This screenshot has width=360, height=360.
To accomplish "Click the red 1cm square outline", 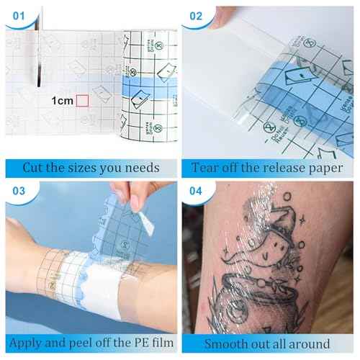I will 83,101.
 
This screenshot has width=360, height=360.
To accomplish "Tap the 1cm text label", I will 62,101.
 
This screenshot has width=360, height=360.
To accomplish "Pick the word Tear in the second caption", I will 207,168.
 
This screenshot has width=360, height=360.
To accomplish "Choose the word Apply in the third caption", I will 30,344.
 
